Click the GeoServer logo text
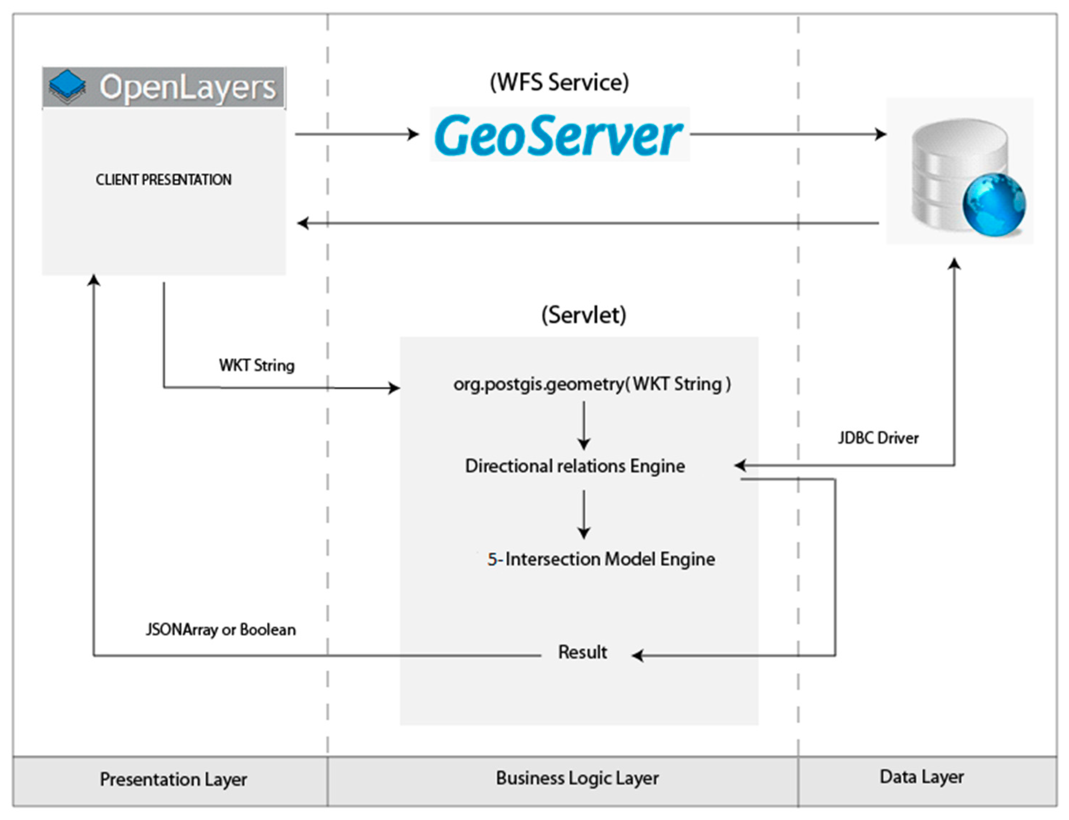(559, 135)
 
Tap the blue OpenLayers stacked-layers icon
(67, 86)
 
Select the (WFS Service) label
(559, 82)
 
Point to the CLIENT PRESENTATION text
(163, 180)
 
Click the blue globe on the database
(994, 205)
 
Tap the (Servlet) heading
(584, 315)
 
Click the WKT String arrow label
(257, 365)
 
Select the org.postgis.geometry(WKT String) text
(592, 384)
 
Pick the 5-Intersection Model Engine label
(601, 559)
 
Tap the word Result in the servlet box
(582, 652)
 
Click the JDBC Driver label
(878, 438)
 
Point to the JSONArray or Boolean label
(221, 629)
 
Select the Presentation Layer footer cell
(173, 779)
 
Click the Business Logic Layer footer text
(577, 778)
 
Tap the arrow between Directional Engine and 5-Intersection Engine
(584, 513)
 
